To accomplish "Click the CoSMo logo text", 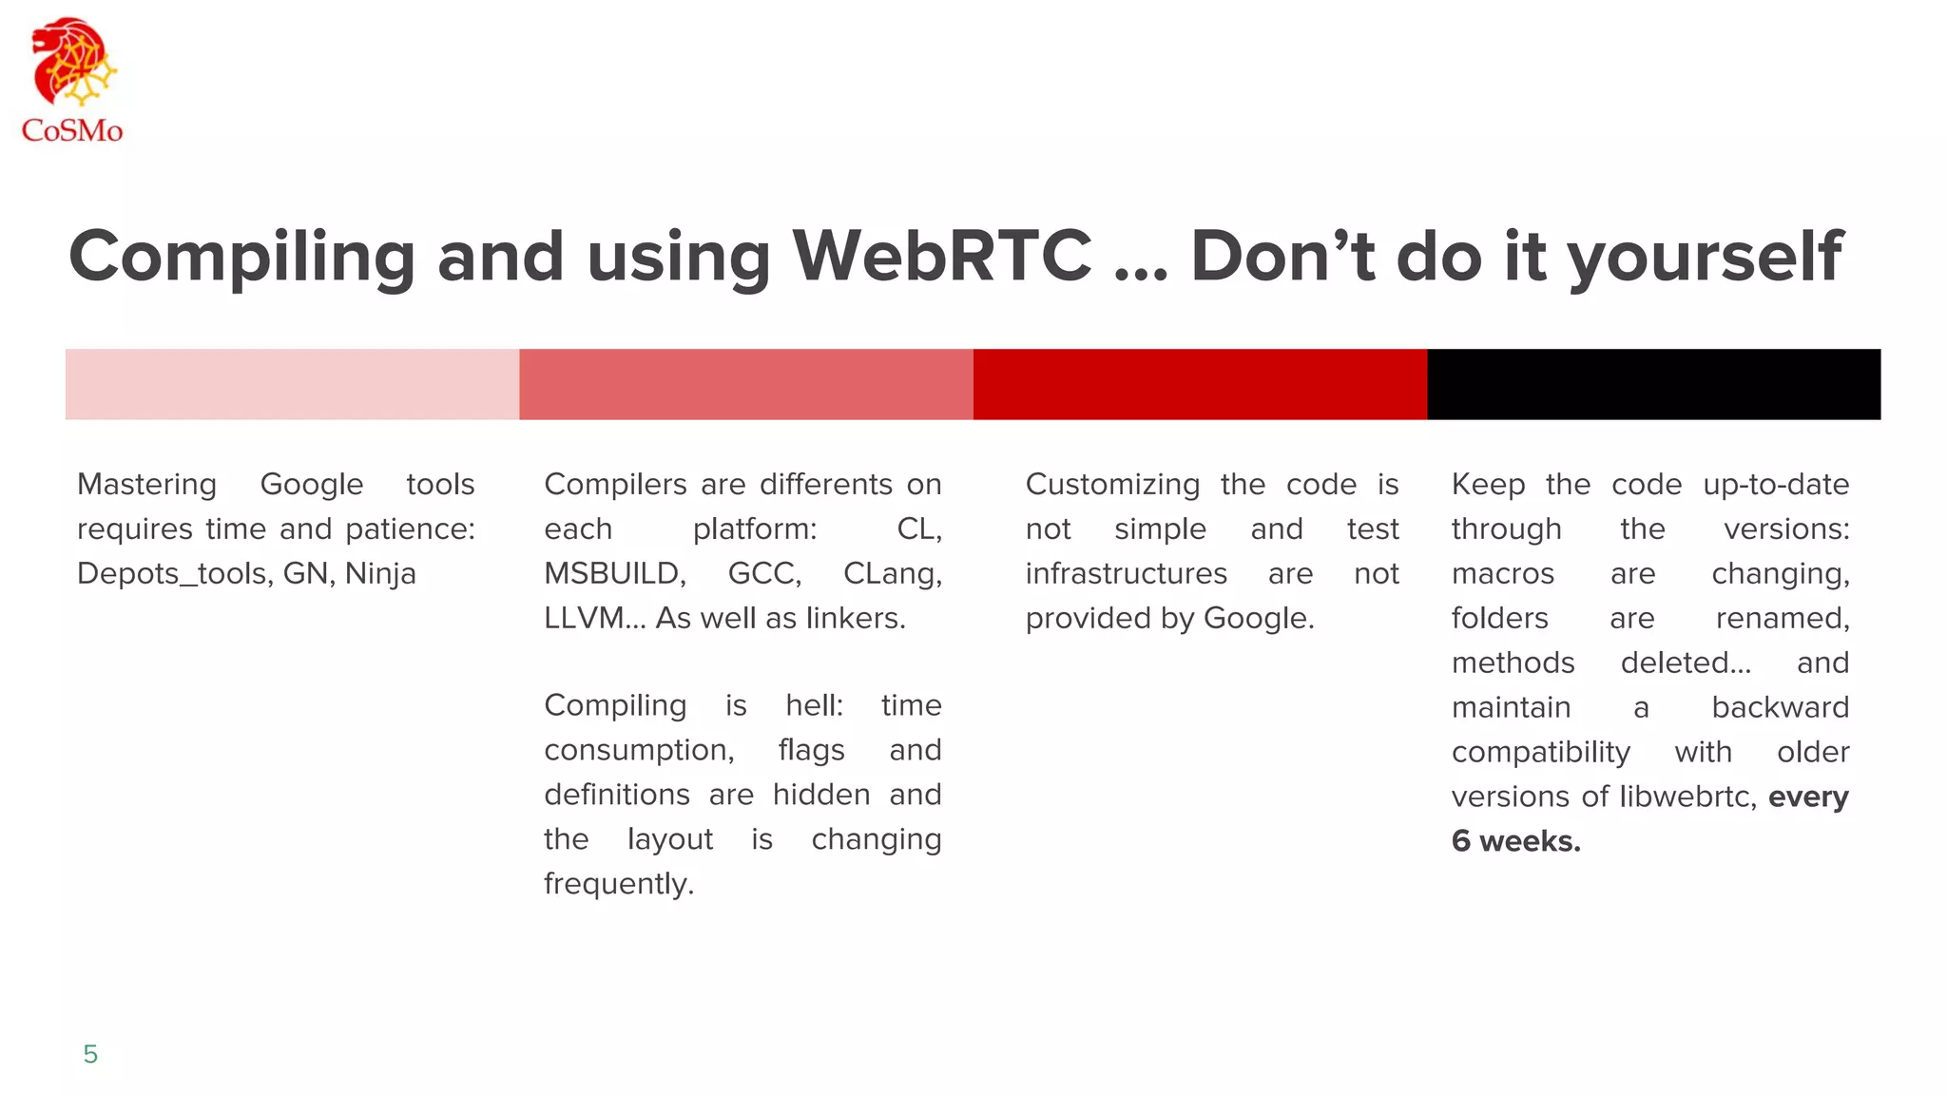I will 72,130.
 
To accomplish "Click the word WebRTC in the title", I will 942,257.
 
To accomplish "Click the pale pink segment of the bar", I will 292,384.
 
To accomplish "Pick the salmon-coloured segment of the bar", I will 746,384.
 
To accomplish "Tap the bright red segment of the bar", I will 1200,384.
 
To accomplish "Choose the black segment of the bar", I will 1653,384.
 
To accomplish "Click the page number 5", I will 90,1054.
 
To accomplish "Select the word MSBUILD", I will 614,574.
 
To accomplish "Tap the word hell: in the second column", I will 814,706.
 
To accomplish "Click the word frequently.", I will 619,885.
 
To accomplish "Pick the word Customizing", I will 1112,486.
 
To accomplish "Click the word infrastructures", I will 1126,574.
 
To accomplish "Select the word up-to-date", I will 1776,486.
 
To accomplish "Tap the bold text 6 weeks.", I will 1515,841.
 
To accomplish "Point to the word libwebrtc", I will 1687,797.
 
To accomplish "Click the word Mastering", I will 146,486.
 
